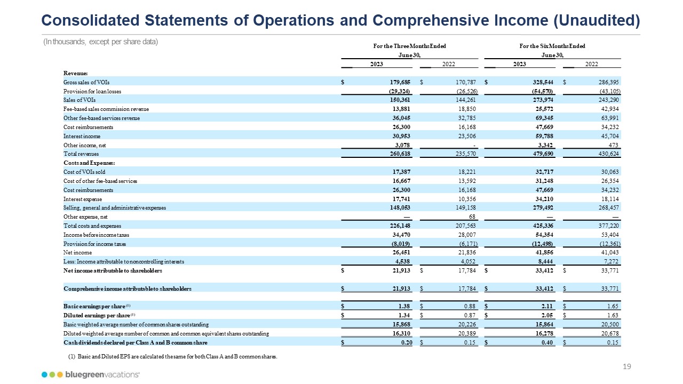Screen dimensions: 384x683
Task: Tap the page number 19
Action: (x=627, y=366)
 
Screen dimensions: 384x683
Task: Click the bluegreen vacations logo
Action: (x=91, y=375)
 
